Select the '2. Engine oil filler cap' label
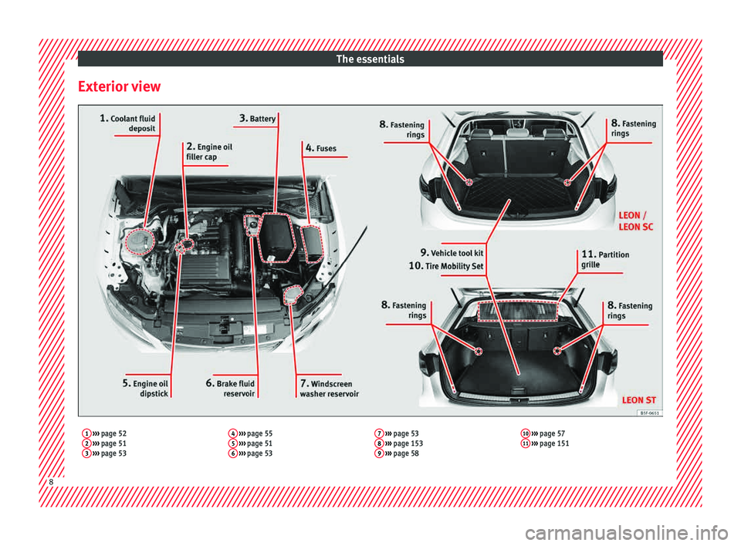tap(208, 151)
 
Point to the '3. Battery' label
tap(257, 119)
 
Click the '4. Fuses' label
tap(320, 148)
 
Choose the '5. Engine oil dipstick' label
tap(146, 388)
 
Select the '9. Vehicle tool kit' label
tap(452, 252)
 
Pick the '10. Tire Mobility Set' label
tap(446, 266)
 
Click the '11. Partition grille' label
tap(604, 259)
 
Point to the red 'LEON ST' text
tap(639, 399)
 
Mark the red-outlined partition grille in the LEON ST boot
tap(516, 310)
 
